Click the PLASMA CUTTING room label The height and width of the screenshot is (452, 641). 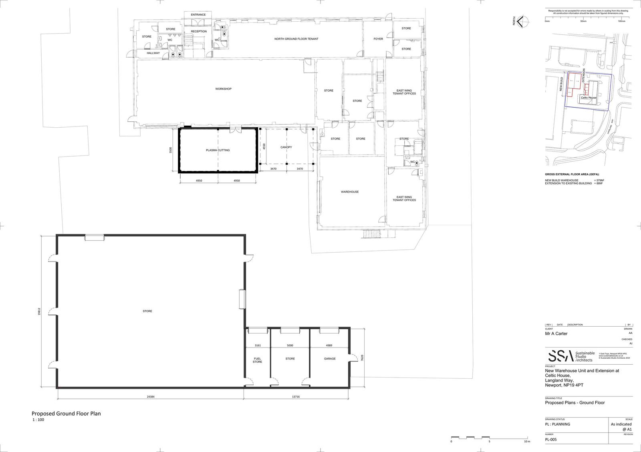coord(218,150)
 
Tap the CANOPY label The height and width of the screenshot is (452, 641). coord(286,147)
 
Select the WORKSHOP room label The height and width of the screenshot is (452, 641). coord(223,89)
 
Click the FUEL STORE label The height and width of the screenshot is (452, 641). coord(257,360)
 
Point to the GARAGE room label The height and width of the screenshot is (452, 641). coord(330,359)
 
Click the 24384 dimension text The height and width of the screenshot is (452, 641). coord(150,397)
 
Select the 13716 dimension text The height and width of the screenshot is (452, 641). coord(296,397)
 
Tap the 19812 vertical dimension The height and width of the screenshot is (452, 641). coord(39,312)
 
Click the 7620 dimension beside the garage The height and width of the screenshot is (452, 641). coord(362,358)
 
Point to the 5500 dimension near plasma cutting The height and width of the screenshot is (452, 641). coord(170,150)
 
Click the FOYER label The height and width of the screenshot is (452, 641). coord(378,39)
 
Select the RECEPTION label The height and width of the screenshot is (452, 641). coord(199,32)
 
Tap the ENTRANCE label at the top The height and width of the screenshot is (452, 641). coord(198,15)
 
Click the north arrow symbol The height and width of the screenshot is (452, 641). coord(520,22)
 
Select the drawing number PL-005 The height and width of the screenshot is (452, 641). coord(551,439)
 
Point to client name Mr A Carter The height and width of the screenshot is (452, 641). coord(556,333)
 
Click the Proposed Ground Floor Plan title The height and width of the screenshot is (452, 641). coord(66,414)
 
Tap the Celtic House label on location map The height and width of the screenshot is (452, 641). coord(589,98)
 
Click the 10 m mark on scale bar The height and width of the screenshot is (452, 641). coord(527,442)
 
